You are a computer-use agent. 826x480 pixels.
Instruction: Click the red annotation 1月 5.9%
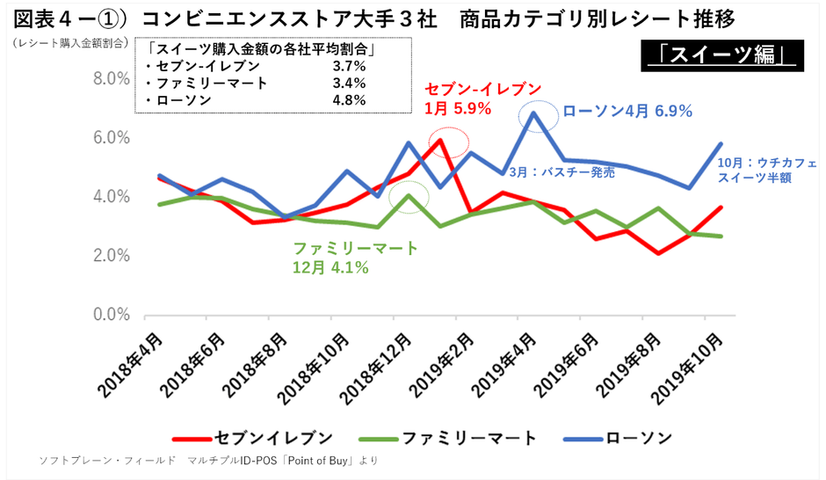click(x=457, y=109)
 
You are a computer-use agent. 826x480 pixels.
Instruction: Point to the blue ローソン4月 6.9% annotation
click(x=627, y=111)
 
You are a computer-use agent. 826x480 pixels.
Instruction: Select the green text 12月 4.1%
click(x=330, y=267)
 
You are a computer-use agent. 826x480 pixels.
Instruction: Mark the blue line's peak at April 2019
click(x=534, y=113)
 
